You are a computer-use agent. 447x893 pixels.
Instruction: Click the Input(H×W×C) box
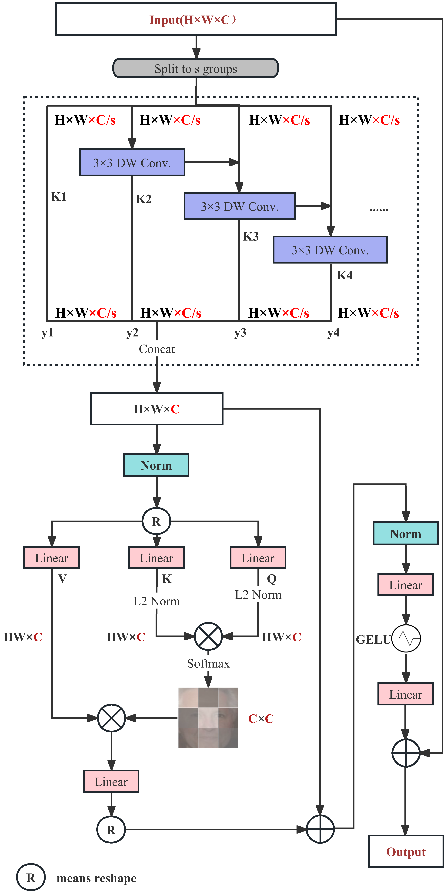click(x=196, y=19)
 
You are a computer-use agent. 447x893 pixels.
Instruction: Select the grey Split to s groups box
click(x=196, y=68)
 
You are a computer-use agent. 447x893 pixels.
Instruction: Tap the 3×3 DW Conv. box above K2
click(x=132, y=163)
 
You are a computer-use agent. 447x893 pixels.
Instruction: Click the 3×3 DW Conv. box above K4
click(x=330, y=250)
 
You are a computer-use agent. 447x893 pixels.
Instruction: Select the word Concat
click(x=157, y=349)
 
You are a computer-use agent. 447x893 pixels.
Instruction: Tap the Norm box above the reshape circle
click(x=156, y=465)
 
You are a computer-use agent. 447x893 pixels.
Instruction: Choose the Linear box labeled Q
click(x=258, y=558)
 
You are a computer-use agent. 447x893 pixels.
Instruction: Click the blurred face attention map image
click(x=208, y=718)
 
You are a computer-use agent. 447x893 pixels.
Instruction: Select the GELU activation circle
click(x=406, y=639)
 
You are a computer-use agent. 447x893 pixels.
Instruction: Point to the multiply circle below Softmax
click(x=111, y=718)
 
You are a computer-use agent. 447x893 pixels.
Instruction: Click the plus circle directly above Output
click(x=406, y=753)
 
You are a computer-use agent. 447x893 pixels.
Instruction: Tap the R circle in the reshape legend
click(x=31, y=878)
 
